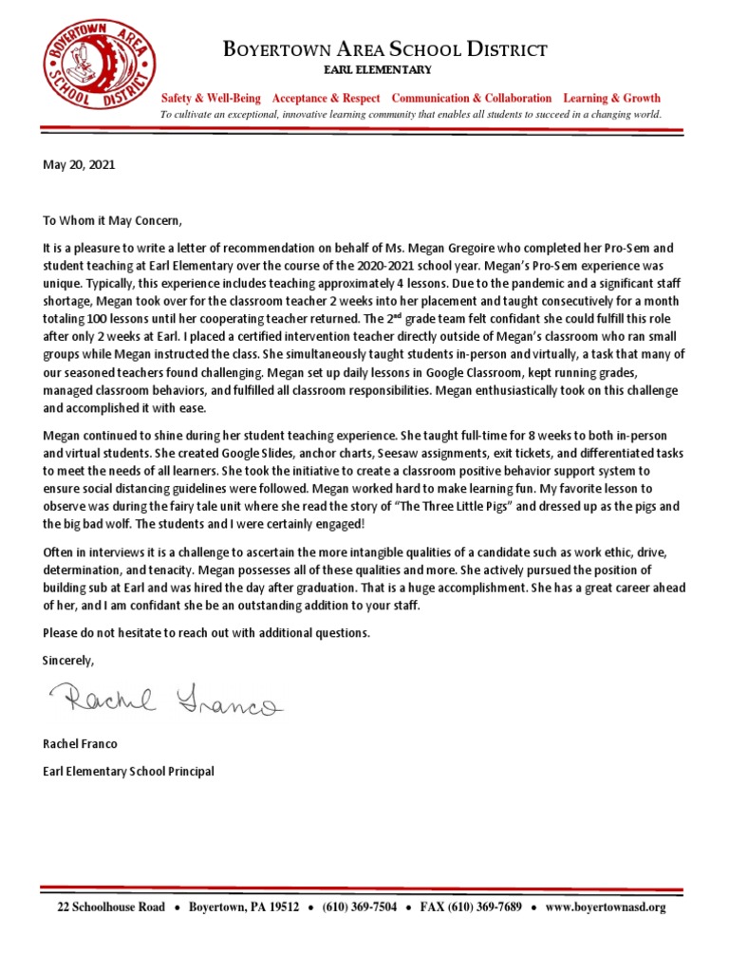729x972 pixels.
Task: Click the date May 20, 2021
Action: pos(79,164)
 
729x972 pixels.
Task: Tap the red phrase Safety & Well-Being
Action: pos(214,99)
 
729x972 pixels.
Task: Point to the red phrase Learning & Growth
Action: pos(612,99)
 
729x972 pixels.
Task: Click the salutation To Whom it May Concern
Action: pos(111,220)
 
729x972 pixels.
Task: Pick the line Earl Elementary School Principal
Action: pos(129,772)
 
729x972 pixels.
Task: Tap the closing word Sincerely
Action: pos(69,659)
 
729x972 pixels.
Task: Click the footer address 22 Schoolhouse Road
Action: pos(111,907)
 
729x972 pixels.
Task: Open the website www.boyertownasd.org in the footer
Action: pos(606,907)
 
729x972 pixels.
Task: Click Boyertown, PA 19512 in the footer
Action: pos(244,907)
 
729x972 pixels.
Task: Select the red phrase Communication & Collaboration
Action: pos(472,99)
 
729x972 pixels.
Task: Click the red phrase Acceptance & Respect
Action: pos(326,99)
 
